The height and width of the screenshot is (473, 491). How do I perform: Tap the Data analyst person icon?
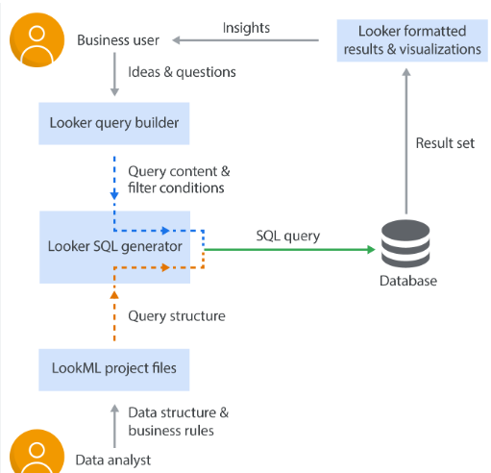tap(36, 453)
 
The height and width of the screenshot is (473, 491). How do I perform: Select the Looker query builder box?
tap(114, 122)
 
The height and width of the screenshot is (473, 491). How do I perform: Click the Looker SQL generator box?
tap(114, 246)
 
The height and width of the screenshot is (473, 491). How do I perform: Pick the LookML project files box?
tap(114, 369)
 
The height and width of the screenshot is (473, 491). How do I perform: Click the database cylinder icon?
tap(405, 244)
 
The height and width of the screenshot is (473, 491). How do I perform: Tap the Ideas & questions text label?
tap(182, 72)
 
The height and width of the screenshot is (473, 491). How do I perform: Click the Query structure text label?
tap(177, 315)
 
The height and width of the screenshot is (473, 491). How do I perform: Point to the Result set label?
tap(445, 143)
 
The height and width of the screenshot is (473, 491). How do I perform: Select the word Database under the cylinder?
tap(407, 281)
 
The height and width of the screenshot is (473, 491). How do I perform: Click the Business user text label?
tap(118, 40)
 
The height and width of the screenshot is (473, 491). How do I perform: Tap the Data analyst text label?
tap(113, 460)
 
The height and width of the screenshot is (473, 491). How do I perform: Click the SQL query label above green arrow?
tap(288, 236)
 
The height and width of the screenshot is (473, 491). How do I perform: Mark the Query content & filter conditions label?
tap(179, 179)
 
